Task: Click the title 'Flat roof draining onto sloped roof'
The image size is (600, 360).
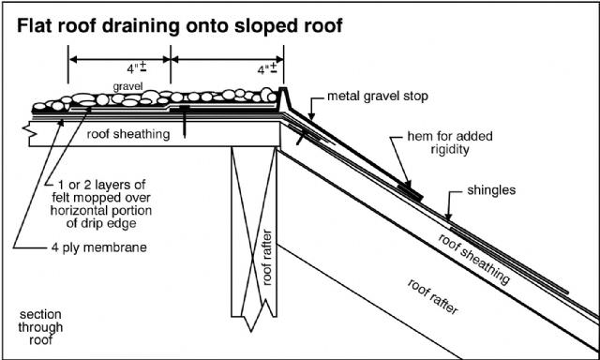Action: pyautogui.click(x=180, y=27)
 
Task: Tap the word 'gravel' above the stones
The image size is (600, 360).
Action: pyautogui.click(x=127, y=87)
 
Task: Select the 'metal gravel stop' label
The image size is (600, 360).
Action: pyautogui.click(x=377, y=96)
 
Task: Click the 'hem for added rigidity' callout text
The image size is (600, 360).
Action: pyautogui.click(x=450, y=142)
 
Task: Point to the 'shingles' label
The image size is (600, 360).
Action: pyautogui.click(x=491, y=190)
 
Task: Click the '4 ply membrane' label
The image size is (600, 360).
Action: pyautogui.click(x=99, y=247)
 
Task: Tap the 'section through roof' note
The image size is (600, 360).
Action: pyautogui.click(x=40, y=327)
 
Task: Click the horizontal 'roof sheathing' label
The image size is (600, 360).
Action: pyautogui.click(x=128, y=134)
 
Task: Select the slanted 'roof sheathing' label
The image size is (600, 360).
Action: pyautogui.click(x=473, y=259)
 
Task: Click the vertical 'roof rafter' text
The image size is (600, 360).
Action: pyautogui.click(x=267, y=258)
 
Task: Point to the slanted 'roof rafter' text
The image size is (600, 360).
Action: pyautogui.click(x=432, y=296)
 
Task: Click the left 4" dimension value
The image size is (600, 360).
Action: pyautogui.click(x=138, y=68)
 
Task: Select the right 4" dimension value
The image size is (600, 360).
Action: pyautogui.click(x=267, y=69)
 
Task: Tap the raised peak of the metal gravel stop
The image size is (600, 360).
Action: pyautogui.click(x=283, y=89)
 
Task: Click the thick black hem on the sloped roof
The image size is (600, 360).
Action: pyautogui.click(x=410, y=192)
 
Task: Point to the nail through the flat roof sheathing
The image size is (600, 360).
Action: pyautogui.click(x=185, y=122)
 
